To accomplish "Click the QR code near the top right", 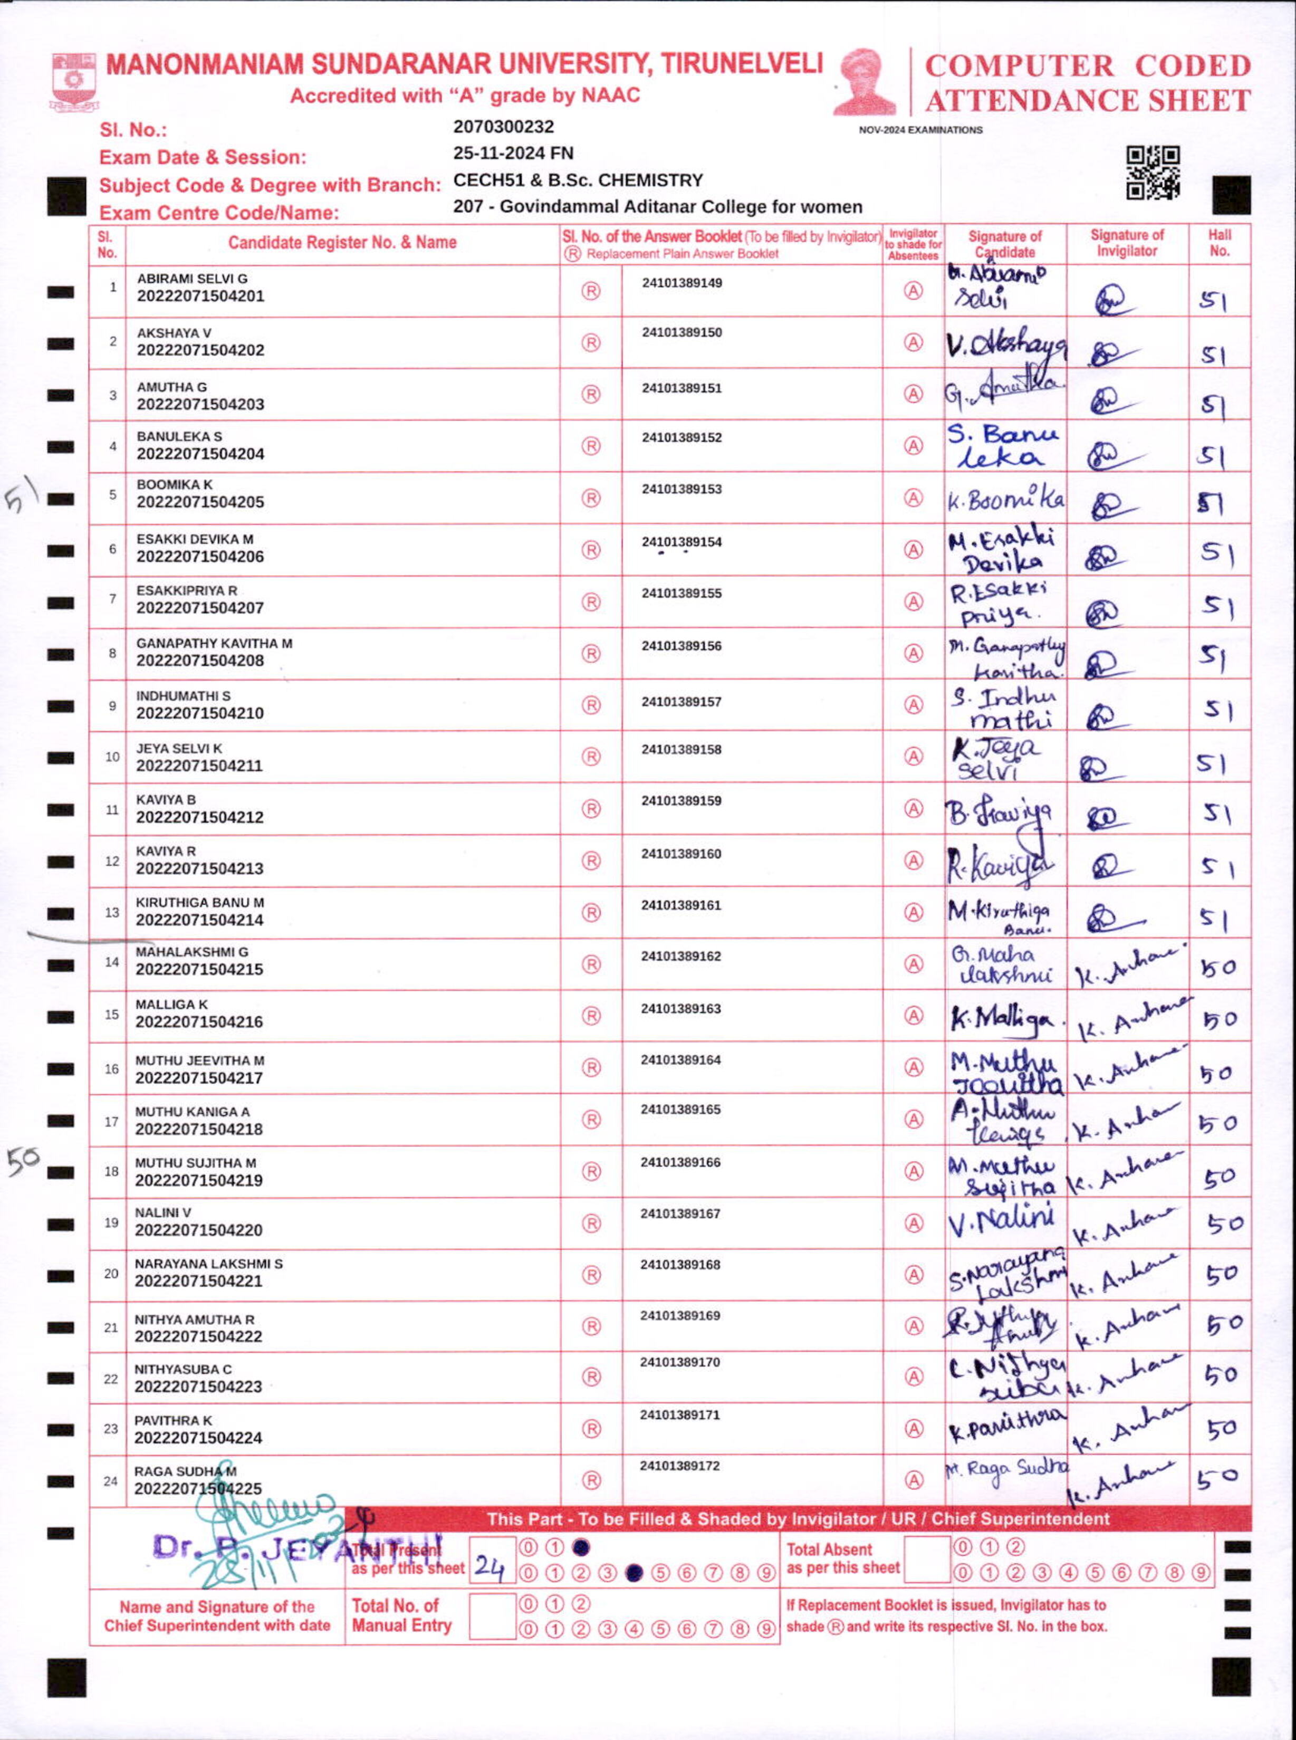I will (x=1153, y=173).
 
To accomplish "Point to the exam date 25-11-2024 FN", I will (x=513, y=153).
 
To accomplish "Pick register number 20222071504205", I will (x=200, y=502).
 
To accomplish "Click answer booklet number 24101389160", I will (x=681, y=854).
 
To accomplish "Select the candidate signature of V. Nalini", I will (x=1001, y=1221).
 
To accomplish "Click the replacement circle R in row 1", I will (x=591, y=291).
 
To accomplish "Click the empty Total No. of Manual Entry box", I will (x=492, y=1616).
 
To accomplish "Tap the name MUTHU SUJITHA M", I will (x=195, y=1163).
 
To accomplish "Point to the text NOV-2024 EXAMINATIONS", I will (x=920, y=130).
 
